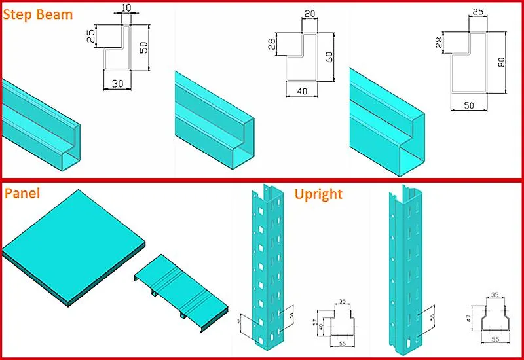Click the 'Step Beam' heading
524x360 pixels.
click(38, 14)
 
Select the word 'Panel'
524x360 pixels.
click(22, 193)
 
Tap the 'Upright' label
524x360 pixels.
click(318, 194)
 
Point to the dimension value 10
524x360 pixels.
click(126, 8)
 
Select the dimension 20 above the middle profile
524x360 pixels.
click(310, 13)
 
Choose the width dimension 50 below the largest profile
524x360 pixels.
click(470, 105)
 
